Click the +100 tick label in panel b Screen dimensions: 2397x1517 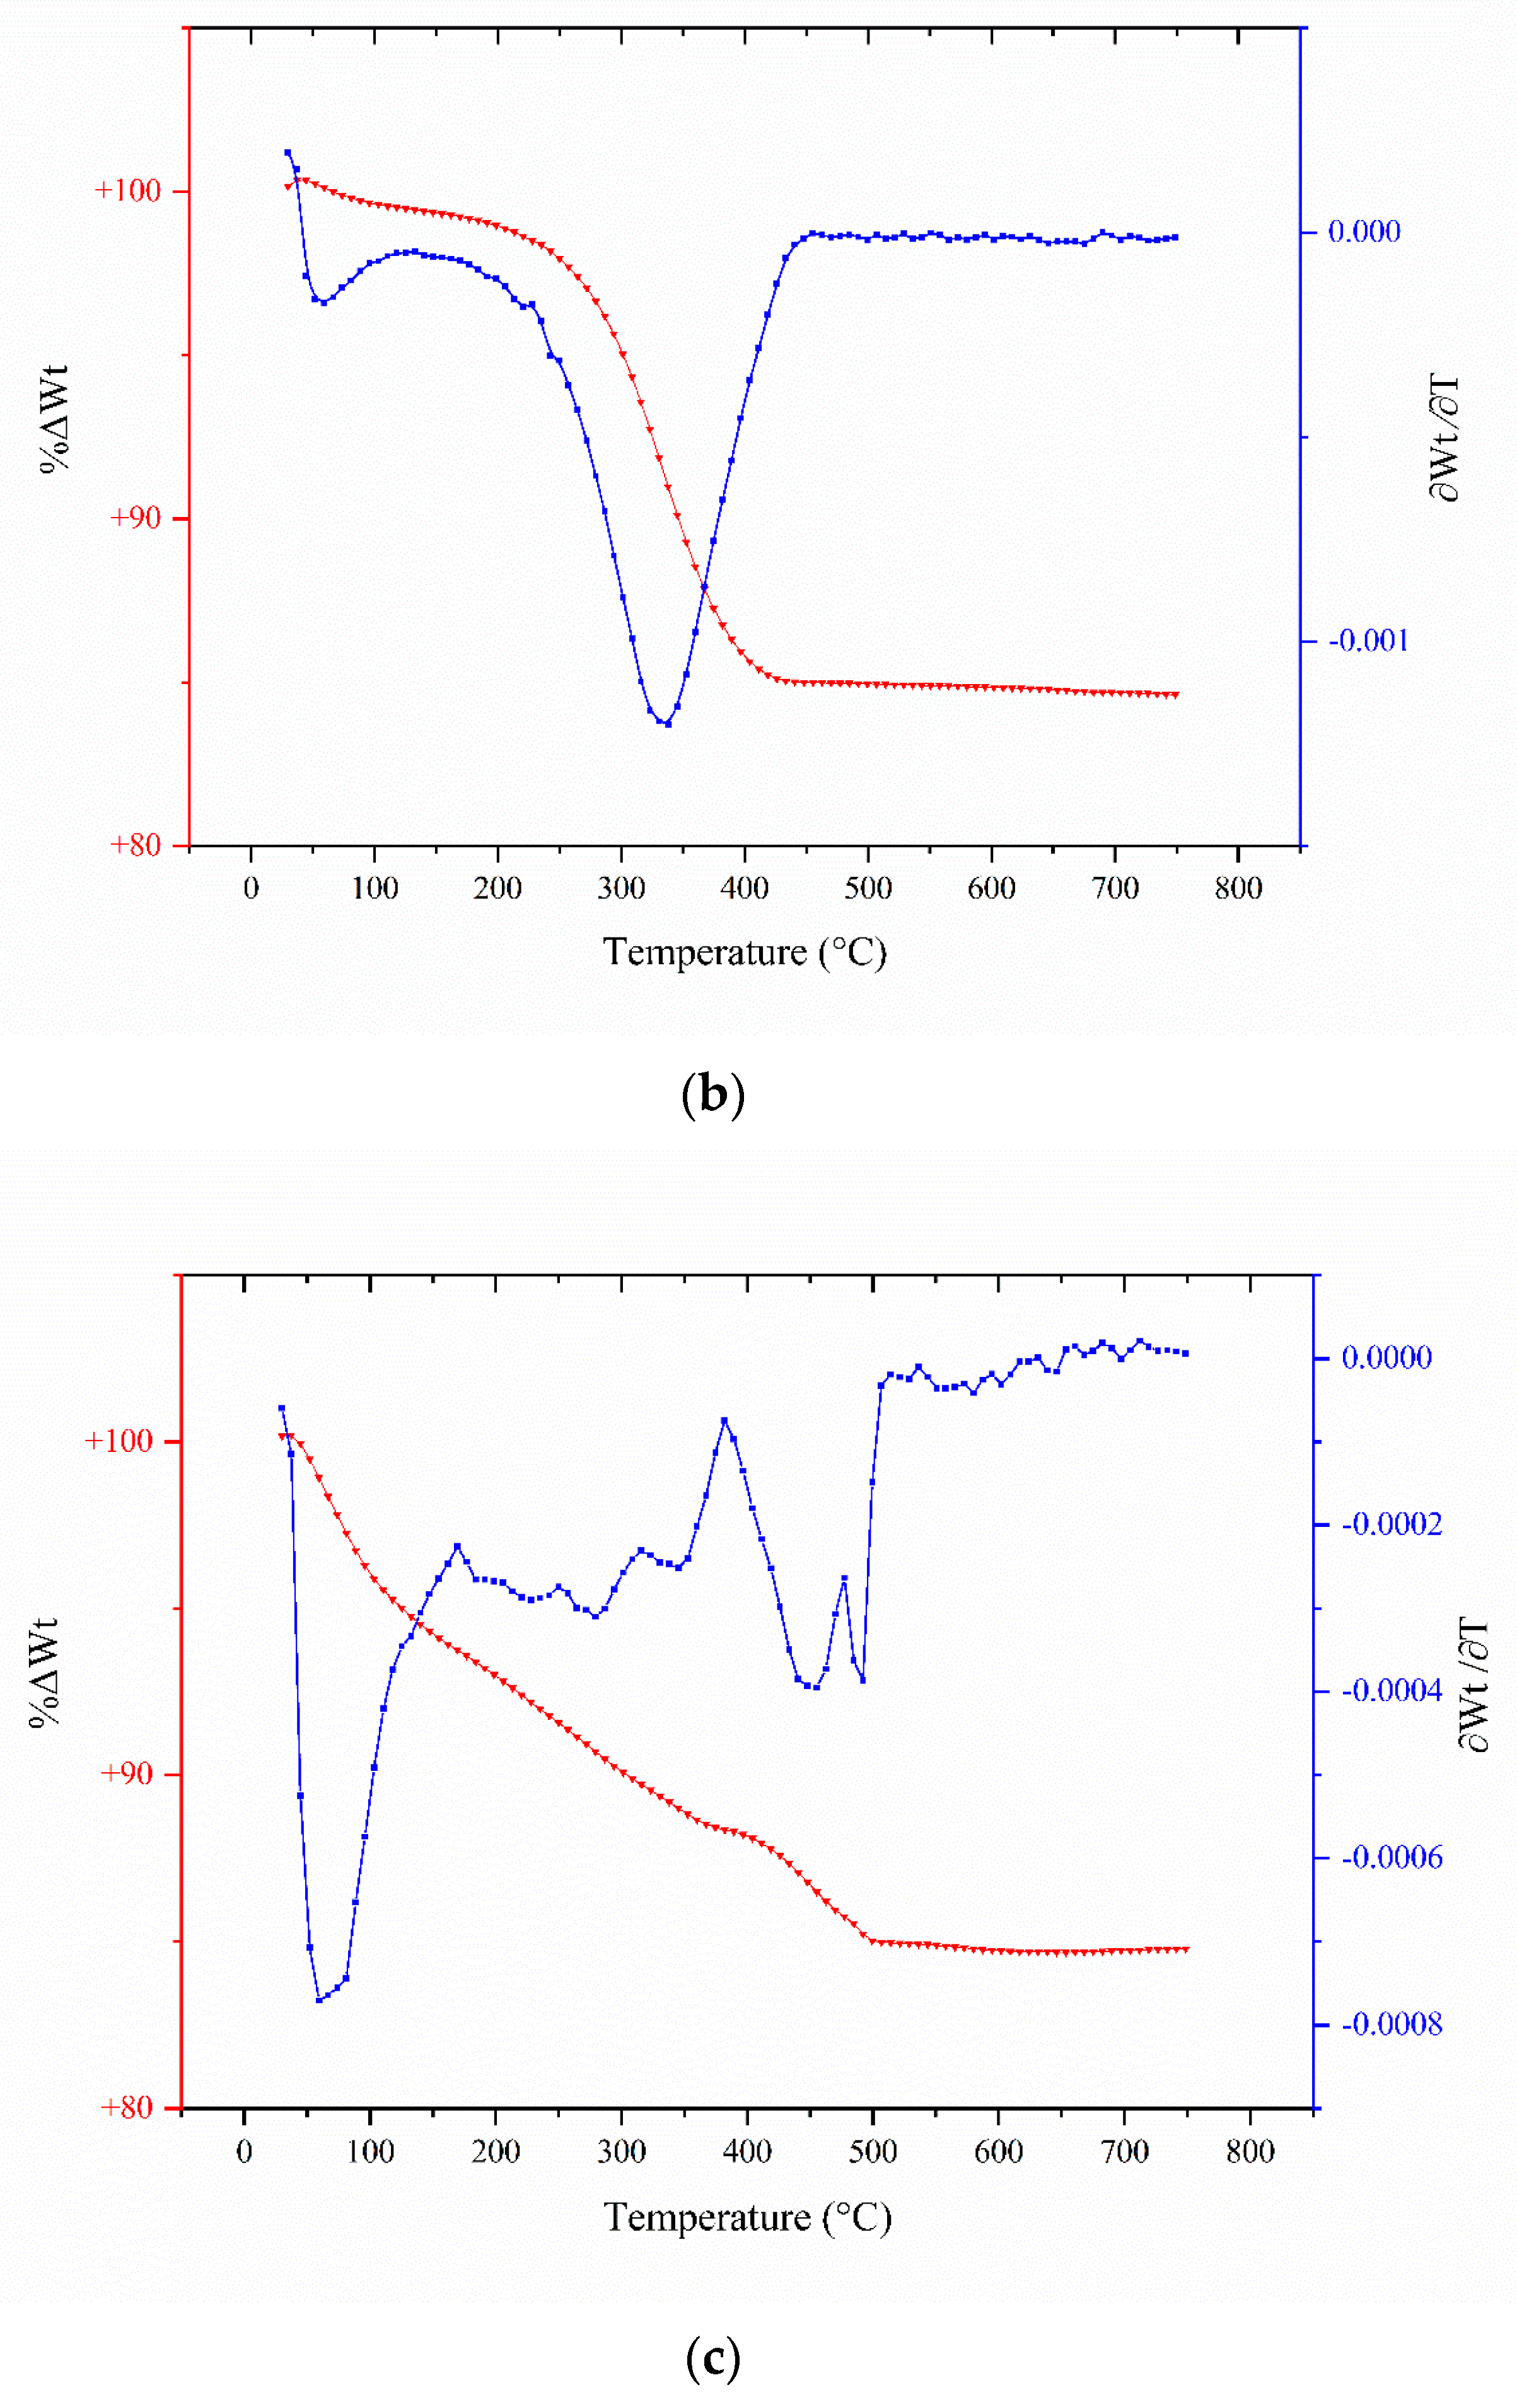[127, 190]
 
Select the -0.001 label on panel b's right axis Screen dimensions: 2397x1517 [1369, 640]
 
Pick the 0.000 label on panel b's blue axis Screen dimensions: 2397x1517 [1364, 232]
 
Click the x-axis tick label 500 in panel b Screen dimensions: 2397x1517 [867, 888]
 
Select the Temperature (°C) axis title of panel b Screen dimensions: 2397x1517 [743, 953]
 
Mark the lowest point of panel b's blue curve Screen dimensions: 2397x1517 [667, 724]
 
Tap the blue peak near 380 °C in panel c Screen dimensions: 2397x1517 [724, 1420]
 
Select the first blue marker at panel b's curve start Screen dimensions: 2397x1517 [288, 153]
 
